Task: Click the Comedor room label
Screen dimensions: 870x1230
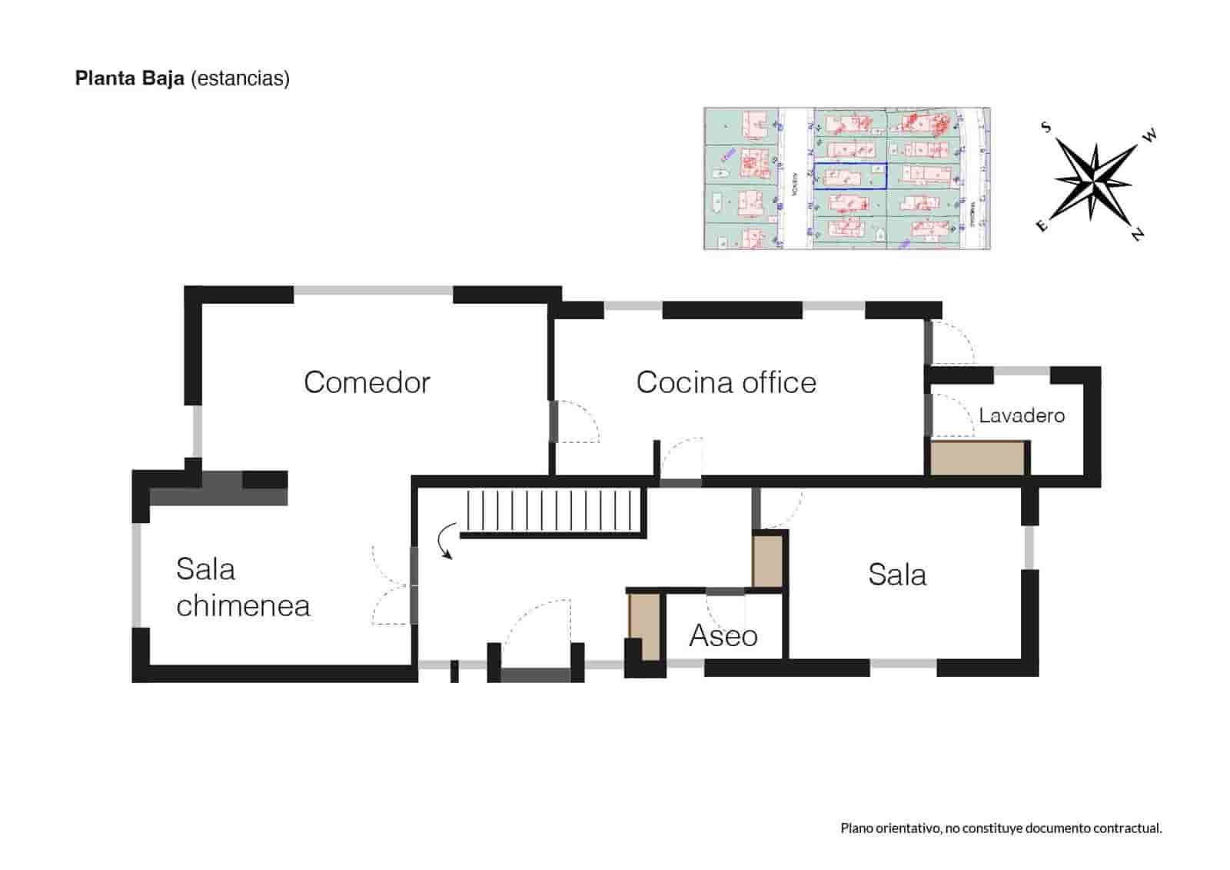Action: click(367, 382)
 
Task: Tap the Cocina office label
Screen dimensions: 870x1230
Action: click(726, 382)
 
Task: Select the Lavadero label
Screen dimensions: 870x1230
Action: click(1021, 416)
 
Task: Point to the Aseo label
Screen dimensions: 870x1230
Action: click(723, 636)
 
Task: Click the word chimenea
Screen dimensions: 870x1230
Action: click(243, 606)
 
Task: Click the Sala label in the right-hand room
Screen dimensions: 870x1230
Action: click(897, 575)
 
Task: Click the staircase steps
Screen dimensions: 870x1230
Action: click(552, 511)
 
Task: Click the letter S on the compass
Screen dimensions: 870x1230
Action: click(1046, 127)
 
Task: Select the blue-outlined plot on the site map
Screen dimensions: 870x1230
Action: click(849, 176)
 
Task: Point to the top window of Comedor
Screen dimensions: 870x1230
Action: click(373, 291)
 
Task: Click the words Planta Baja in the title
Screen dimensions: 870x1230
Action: click(129, 78)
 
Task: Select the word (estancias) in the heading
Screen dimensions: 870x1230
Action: click(240, 78)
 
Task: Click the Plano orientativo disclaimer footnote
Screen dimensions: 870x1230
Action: click(1001, 828)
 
